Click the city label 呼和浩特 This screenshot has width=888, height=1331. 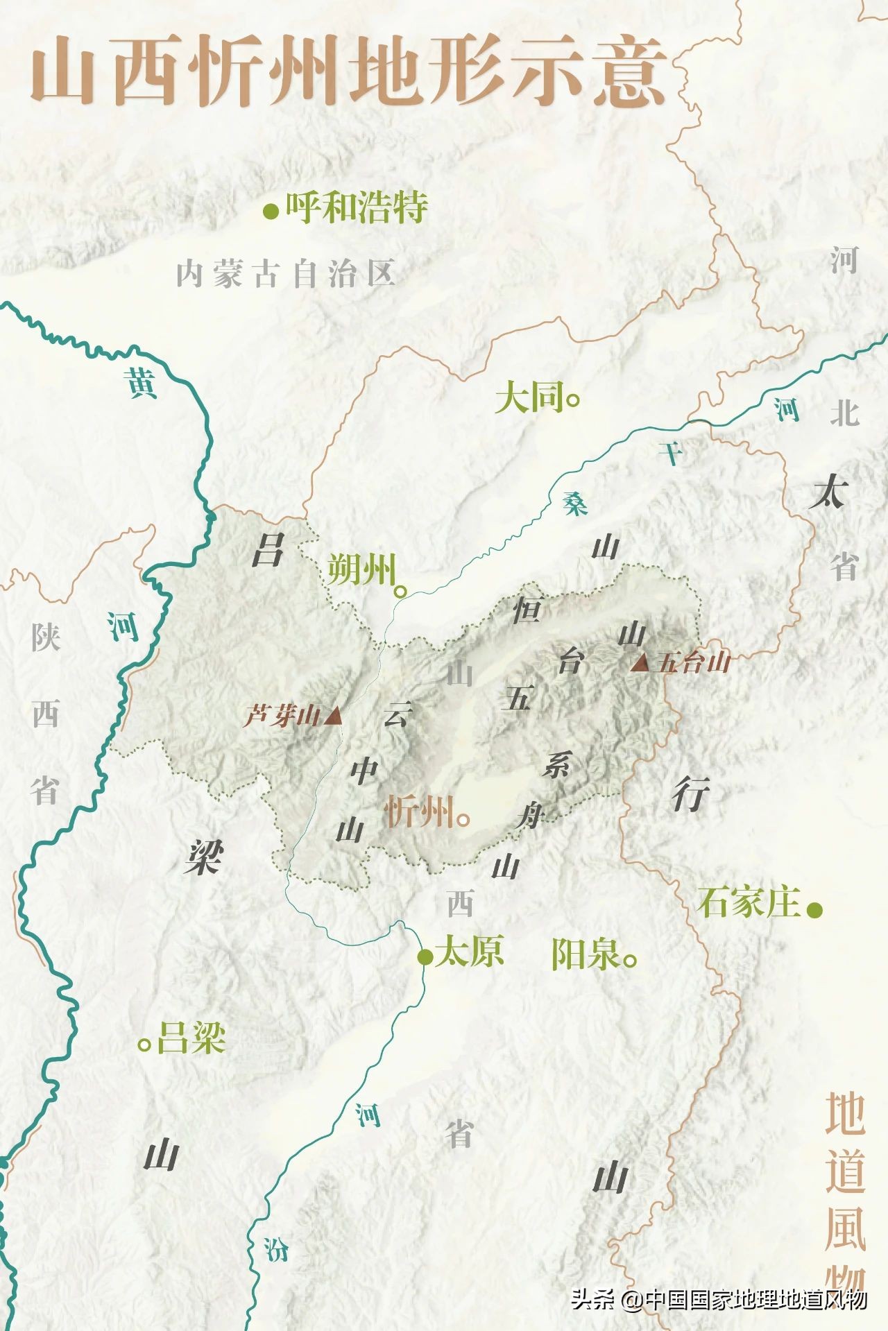(357, 207)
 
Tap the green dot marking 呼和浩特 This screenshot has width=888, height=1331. (271, 211)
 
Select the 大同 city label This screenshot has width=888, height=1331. (529, 399)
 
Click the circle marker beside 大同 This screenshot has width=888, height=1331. (573, 400)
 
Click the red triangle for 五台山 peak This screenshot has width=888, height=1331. (640, 662)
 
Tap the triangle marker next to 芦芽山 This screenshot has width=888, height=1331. (334, 715)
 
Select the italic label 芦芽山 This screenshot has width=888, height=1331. (282, 716)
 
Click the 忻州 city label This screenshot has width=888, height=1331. (419, 812)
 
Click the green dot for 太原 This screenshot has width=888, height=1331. (425, 957)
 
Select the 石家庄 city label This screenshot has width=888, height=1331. (749, 903)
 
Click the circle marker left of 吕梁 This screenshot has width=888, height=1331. (145, 1044)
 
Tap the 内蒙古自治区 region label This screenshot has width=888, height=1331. (285, 274)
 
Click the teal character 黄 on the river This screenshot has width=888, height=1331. (142, 383)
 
